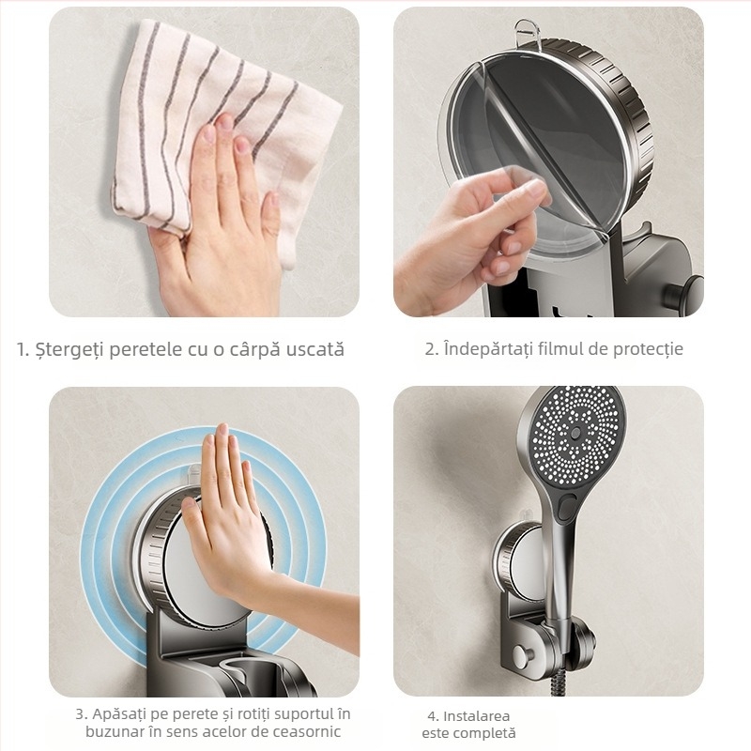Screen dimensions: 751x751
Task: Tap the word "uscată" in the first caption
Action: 309,350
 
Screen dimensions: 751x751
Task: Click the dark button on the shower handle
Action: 567,507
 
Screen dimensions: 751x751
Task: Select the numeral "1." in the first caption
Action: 23,350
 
